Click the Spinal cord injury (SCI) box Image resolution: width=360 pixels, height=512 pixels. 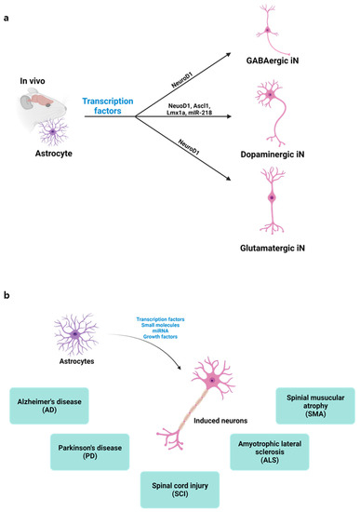point(180,486)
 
